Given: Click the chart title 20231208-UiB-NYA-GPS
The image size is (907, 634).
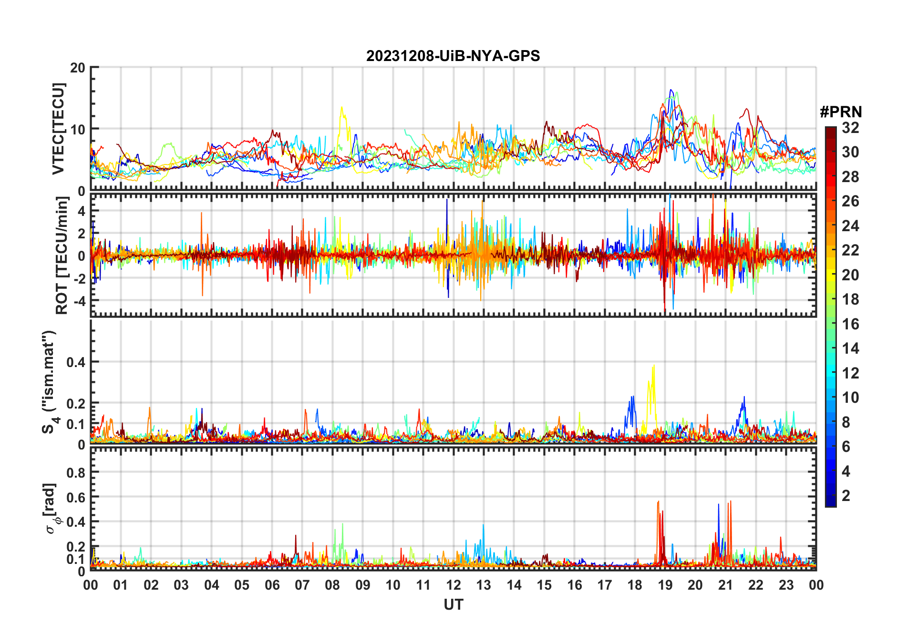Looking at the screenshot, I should pos(453,56).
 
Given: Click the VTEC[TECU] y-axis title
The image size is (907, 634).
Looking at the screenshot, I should pos(58,129).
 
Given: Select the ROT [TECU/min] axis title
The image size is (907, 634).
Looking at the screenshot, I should pos(62,256).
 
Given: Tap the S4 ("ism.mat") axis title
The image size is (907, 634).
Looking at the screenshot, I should pos(50,382).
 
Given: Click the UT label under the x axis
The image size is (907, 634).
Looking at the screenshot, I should pos(453,604).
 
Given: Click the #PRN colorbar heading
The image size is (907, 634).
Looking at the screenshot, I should pos(841,112).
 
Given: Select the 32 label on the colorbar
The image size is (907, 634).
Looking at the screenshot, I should pos(850,128).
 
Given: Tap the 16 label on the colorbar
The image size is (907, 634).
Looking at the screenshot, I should pos(850,324).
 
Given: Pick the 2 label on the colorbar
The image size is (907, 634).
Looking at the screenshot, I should pos(846,496).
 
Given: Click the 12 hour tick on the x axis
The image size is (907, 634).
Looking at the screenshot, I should pos(453,585).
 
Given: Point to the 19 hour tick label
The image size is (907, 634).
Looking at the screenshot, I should pos(665,585).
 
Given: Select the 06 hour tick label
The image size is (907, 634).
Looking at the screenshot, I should pos(272,585).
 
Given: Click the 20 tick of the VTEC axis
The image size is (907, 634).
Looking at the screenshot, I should pos(78,68).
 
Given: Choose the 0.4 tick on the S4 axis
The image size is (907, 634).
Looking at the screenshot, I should pos(76,362).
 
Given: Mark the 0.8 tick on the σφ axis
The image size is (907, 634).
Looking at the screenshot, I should pos(76,472).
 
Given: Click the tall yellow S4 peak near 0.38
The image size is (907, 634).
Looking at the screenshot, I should pos(653,366).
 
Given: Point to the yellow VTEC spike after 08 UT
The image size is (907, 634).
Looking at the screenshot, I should pos(341,108).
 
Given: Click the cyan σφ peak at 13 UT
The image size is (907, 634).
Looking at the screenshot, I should pos(483,525).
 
